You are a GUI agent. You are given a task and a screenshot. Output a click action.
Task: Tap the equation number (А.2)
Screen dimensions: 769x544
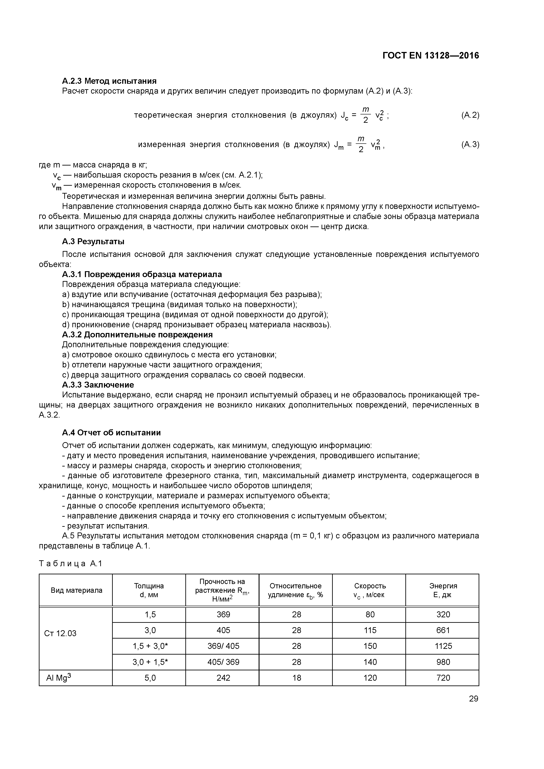[x=470, y=115]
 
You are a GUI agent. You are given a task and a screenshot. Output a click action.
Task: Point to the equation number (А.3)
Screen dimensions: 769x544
[x=470, y=144]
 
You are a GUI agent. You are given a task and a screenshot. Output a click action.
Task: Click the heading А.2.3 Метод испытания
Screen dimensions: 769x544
[x=109, y=81]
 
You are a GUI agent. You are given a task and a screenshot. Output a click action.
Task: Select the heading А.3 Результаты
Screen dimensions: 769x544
[x=93, y=242]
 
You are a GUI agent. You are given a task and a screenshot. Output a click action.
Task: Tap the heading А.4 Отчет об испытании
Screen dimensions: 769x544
[x=111, y=433]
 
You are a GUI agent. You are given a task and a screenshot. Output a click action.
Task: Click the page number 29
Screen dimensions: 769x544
[x=473, y=699]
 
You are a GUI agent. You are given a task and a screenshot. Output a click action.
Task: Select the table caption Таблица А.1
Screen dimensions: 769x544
[x=70, y=564]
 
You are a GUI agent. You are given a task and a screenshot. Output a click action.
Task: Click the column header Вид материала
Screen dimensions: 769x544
[x=76, y=591]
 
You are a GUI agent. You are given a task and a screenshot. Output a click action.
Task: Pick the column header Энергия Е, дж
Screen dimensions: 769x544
[x=443, y=591]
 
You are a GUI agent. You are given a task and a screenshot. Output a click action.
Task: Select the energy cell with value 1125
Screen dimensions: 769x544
[x=443, y=646]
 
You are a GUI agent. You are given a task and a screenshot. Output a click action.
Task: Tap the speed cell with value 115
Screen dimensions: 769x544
[x=370, y=630]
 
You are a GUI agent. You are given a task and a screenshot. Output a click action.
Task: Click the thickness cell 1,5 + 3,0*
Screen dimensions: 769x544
[x=150, y=646]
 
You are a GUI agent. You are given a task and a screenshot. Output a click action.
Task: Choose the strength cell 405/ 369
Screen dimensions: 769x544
[x=223, y=662]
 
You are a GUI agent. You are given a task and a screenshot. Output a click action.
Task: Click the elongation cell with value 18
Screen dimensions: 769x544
[x=297, y=678]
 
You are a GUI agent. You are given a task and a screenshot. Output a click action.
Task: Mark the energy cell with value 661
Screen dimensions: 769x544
[x=443, y=630]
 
